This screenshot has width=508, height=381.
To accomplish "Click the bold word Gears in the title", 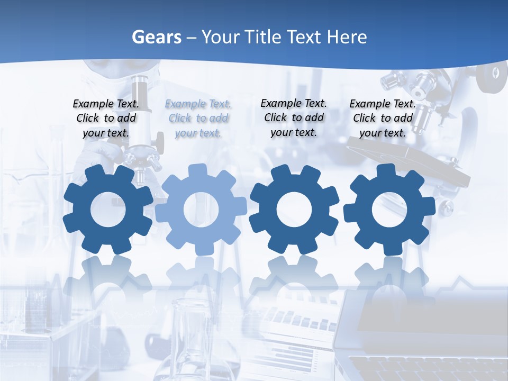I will pos(156,37).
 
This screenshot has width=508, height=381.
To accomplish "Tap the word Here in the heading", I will pos(347,37).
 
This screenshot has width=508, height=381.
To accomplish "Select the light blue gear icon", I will pos(201,210).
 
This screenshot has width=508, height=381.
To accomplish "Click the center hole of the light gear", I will pos(201,210).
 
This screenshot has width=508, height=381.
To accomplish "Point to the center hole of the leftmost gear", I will pos(108,210).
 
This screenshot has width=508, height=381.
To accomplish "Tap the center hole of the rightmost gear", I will pos(389,210).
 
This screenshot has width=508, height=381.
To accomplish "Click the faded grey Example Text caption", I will pos(198,119).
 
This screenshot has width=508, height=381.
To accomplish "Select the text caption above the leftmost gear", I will pos(106,119).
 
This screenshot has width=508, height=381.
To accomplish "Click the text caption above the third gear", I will pos(294,117).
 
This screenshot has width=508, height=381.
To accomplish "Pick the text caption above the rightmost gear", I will pos(383,119).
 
